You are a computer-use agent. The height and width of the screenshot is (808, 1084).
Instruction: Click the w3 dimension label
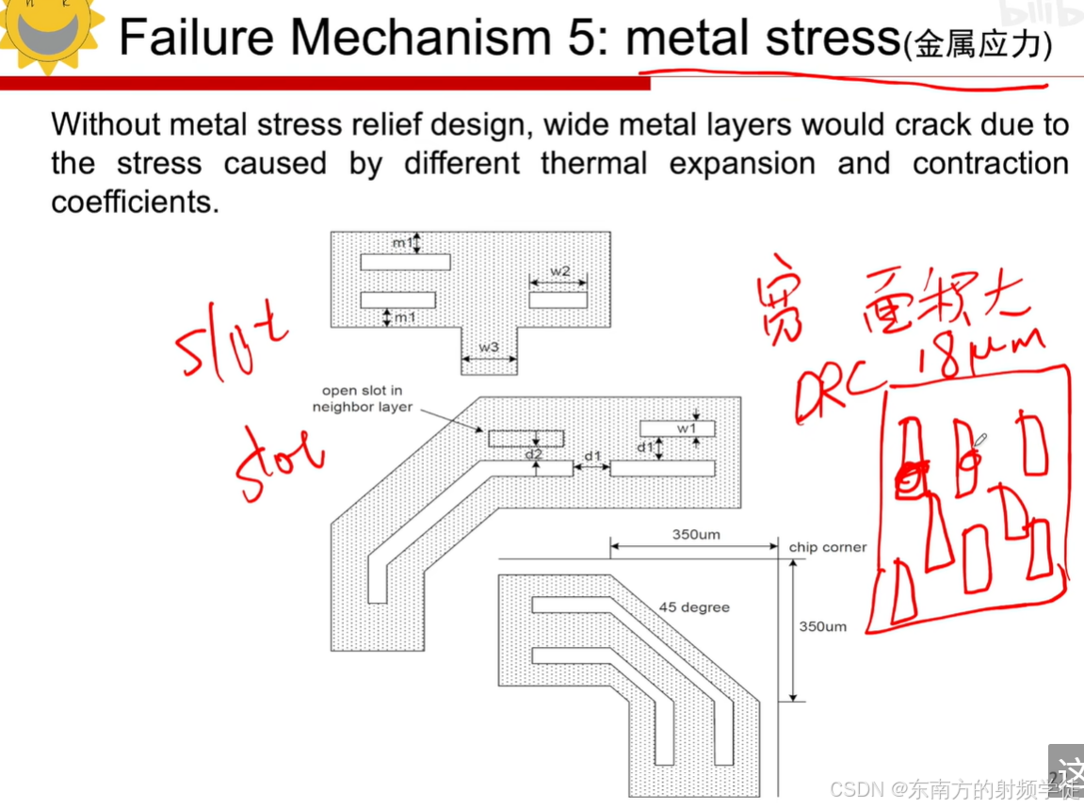[x=488, y=347]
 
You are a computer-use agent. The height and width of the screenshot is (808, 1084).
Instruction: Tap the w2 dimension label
[x=560, y=271]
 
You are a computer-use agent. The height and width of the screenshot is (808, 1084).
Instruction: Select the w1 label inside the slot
[x=687, y=428]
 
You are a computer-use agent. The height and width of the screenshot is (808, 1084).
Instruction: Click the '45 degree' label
[x=694, y=607]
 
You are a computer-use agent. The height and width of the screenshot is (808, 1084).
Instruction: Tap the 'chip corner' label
[x=827, y=547]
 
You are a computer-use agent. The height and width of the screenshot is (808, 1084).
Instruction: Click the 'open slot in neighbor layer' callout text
[x=363, y=398]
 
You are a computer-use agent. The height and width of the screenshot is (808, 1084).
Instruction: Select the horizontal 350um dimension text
[x=696, y=535]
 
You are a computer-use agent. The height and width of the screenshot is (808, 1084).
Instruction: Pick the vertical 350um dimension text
[x=822, y=626]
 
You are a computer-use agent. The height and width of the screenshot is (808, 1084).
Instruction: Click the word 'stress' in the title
[x=829, y=38]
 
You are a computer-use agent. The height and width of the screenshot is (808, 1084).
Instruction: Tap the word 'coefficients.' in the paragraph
[x=135, y=202]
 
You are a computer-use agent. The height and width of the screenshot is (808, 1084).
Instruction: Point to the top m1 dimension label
[x=402, y=244]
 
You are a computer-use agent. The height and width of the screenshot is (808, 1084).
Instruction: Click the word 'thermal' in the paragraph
[x=593, y=163]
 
